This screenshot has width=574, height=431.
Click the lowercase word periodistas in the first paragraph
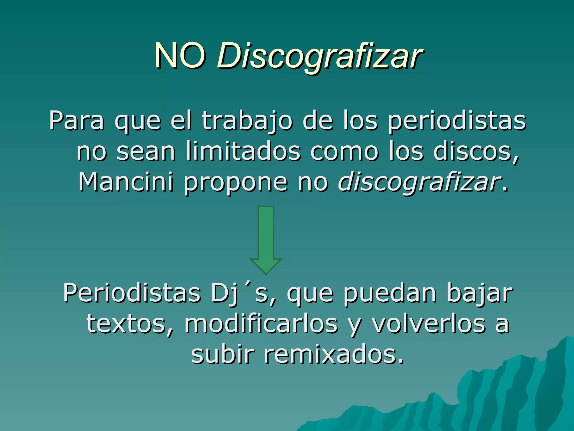click(x=457, y=121)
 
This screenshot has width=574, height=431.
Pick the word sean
click(x=146, y=152)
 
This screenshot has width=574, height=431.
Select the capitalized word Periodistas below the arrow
click(x=132, y=293)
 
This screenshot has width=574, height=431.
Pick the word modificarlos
click(x=261, y=324)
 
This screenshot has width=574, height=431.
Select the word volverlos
click(x=429, y=324)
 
